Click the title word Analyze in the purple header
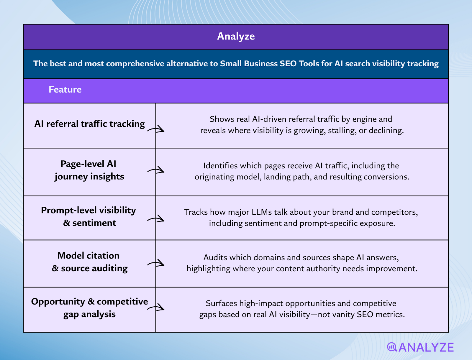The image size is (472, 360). point(236,36)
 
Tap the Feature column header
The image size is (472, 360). point(65,90)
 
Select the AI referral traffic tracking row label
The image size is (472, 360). point(89,124)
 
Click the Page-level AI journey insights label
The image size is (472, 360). point(89,170)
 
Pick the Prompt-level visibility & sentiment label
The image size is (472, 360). point(88,216)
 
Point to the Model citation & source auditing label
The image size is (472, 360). point(89,262)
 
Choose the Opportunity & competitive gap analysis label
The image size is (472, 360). point(89,308)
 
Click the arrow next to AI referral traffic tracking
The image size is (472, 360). point(156,129)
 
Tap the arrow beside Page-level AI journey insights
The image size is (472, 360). point(156,170)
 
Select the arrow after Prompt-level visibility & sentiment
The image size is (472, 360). point(156,219)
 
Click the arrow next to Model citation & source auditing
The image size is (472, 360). point(156,263)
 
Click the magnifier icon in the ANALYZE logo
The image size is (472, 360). point(392,347)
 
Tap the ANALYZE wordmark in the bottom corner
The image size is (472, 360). point(426,347)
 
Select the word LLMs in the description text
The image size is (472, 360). point(261,212)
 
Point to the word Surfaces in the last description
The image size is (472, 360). point(221,303)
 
